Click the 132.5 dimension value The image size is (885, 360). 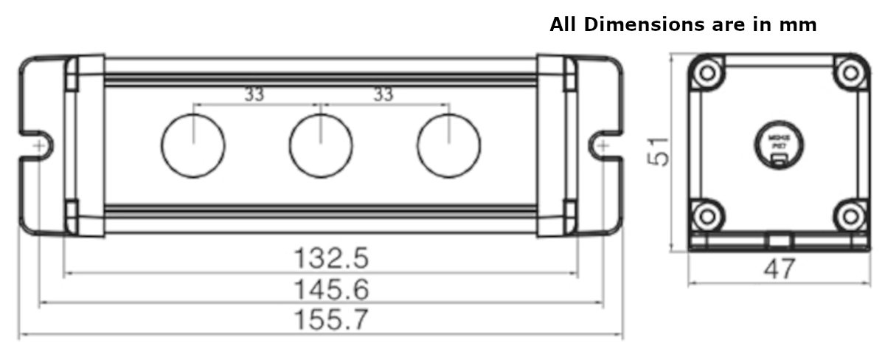pos(331,258)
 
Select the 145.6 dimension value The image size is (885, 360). pos(331,289)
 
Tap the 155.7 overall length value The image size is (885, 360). pos(331,320)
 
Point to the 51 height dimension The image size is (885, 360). pos(659,150)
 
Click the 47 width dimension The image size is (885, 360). pos(779,269)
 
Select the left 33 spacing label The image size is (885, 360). pos(254,94)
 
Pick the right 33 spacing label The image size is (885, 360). pos(383,94)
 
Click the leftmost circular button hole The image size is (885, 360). pos(192,145)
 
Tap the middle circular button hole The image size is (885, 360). pos(321,145)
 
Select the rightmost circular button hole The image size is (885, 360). pos(448,145)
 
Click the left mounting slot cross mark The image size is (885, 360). pos(38,146)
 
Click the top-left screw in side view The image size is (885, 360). pos(708,72)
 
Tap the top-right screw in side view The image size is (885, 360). pos(850,72)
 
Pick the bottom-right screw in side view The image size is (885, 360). pos(850,215)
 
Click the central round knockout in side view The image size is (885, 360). pos(779,144)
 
